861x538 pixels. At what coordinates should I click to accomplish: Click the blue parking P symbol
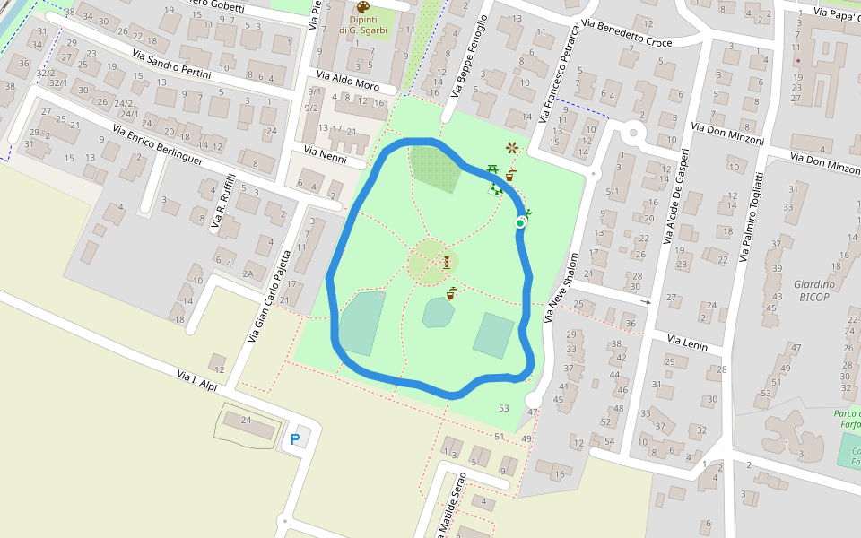tap(295, 439)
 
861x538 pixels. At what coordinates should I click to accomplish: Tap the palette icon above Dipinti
tap(362, 8)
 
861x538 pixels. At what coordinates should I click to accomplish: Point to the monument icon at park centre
tap(447, 262)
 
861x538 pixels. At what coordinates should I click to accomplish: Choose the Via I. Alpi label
tap(197, 379)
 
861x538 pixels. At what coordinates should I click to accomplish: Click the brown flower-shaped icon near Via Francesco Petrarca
tap(512, 147)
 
